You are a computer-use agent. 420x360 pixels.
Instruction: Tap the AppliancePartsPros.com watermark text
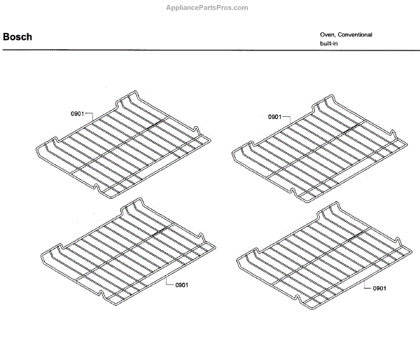(210, 8)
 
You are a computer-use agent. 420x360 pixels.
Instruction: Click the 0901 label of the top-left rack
(77, 113)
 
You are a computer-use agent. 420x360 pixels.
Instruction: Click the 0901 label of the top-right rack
(274, 117)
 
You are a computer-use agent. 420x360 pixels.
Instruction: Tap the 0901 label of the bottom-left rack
(182, 284)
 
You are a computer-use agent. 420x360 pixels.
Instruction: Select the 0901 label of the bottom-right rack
(380, 289)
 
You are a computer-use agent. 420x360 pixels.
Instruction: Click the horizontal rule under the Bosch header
(210, 50)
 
